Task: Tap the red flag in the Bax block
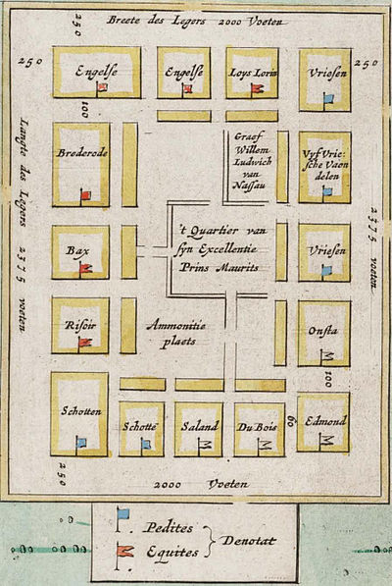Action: pyautogui.click(x=85, y=267)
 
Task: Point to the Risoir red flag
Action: pyautogui.click(x=84, y=342)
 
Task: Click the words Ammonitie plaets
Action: pyautogui.click(x=172, y=332)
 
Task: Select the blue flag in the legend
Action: pyautogui.click(x=122, y=515)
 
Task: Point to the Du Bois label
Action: pyautogui.click(x=259, y=426)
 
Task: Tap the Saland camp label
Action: pyautogui.click(x=199, y=426)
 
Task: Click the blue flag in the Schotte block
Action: pyautogui.click(x=146, y=444)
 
